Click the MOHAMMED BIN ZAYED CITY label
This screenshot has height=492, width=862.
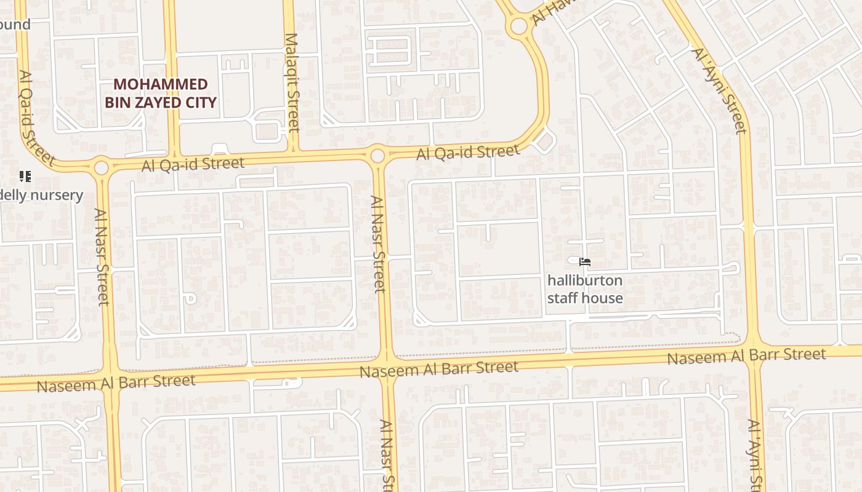click(161, 93)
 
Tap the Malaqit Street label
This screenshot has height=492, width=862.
click(292, 82)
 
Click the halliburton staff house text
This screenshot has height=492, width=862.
click(585, 289)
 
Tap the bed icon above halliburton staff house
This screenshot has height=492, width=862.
click(585, 262)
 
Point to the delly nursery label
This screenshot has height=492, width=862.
click(41, 196)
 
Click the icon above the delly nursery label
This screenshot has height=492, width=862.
click(25, 177)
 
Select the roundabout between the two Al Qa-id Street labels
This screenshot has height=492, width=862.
click(377, 155)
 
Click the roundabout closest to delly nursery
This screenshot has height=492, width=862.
click(102, 167)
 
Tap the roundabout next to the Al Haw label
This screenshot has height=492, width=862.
click(519, 26)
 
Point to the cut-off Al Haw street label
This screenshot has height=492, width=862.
click(549, 12)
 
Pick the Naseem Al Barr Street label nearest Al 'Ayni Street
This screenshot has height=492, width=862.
click(746, 355)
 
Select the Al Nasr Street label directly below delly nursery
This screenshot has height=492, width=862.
click(102, 256)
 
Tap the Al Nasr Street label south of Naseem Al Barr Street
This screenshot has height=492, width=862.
click(387, 455)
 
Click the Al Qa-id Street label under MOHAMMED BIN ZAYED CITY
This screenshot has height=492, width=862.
click(193, 164)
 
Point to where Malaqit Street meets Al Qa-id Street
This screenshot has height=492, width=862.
click(294, 151)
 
